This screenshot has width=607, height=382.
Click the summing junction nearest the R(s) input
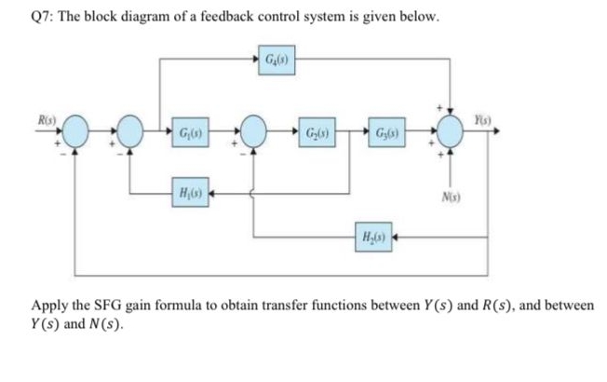click(x=77, y=132)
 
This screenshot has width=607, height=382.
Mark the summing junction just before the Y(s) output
click(x=453, y=132)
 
